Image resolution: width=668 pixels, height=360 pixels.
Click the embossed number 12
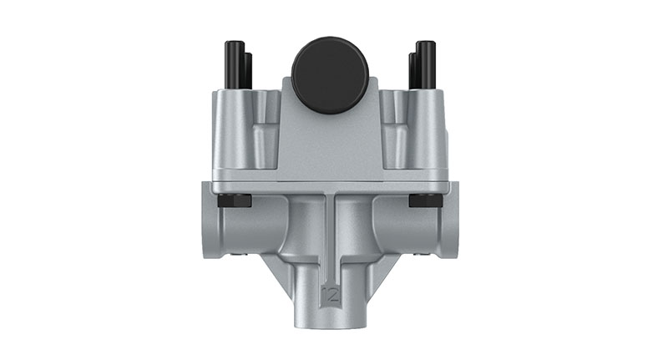(331, 293)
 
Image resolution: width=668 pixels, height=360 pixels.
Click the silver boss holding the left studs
(242, 125)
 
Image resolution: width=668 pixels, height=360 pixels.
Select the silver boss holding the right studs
(422, 125)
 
